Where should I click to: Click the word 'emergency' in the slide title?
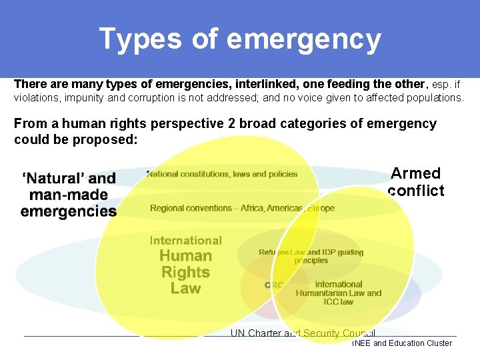(304, 40)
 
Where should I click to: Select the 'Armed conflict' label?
(416, 182)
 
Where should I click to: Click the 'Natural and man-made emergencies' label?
(69, 195)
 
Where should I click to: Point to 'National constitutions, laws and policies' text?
(222, 174)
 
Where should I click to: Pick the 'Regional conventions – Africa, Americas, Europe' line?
(242, 208)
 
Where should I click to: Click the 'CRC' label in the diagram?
(273, 285)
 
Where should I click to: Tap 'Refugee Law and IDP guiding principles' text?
(311, 256)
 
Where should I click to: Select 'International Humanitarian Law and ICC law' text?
(339, 293)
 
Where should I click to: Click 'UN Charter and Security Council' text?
(303, 333)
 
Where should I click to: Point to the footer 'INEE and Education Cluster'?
(402, 343)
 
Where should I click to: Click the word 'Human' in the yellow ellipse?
(185, 256)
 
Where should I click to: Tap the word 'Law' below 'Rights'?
(185, 289)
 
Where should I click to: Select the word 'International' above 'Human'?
(185, 241)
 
